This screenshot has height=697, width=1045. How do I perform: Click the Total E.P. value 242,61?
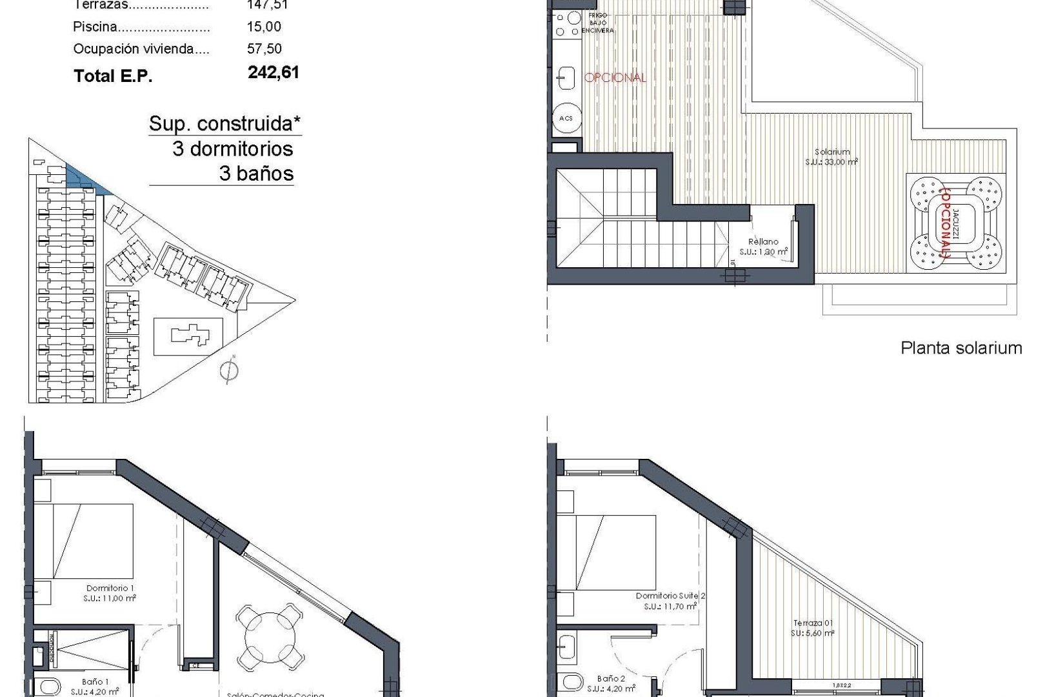click(274, 72)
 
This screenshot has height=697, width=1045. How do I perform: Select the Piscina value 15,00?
click(264, 27)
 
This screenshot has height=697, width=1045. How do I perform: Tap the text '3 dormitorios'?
click(233, 149)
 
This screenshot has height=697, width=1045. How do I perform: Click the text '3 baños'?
click(256, 174)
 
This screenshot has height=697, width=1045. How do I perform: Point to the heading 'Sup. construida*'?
click(225, 123)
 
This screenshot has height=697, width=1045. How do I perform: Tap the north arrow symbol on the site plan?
click(228, 370)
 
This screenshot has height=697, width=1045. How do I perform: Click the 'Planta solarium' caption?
click(960, 348)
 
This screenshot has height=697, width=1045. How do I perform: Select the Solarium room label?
click(831, 157)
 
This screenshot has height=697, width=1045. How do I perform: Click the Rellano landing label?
click(763, 247)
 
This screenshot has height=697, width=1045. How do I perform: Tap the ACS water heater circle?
click(566, 119)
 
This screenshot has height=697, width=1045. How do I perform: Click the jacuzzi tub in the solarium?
click(957, 223)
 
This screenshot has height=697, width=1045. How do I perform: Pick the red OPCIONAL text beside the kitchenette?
click(615, 77)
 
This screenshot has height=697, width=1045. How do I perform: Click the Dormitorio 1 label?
click(110, 592)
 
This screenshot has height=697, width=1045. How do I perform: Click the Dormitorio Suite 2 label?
click(670, 601)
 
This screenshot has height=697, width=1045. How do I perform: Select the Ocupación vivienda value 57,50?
click(264, 49)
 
